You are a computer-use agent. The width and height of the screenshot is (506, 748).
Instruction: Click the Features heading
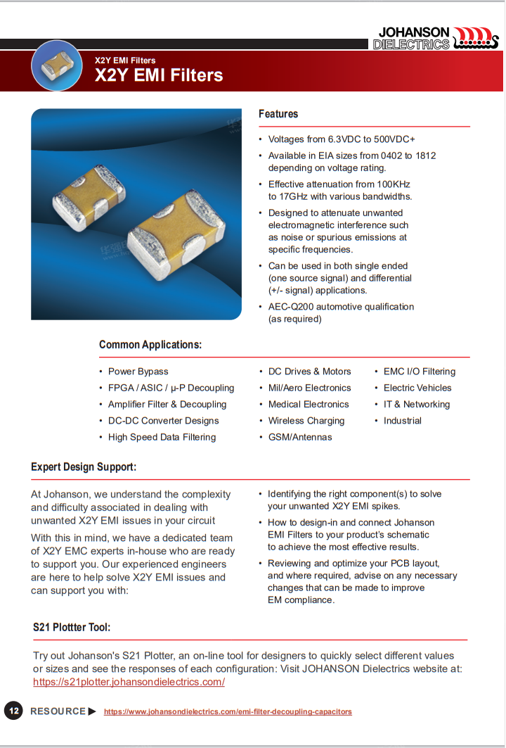coord(278,114)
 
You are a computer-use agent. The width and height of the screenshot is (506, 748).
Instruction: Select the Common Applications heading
coord(150,345)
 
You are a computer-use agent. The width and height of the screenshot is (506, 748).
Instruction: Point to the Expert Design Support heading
coord(84,467)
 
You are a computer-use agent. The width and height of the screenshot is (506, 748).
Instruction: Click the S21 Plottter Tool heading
coord(72,627)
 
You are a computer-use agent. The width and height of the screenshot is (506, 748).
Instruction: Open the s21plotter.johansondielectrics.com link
coord(129,682)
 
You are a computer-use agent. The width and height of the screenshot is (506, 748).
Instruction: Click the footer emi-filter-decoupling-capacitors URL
coord(228,712)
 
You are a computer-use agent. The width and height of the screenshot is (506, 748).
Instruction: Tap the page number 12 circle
coord(13,711)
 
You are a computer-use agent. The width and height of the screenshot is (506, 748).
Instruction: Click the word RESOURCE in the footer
coord(58,711)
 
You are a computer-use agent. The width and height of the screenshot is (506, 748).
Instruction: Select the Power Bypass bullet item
coord(138,372)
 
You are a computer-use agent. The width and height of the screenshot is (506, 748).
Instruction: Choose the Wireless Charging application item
coord(306,421)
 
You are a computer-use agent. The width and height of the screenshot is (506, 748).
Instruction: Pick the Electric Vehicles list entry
coord(417,388)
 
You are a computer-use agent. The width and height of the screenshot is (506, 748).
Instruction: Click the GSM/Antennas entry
coord(300,437)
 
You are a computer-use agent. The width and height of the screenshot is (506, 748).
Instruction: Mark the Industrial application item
coord(403,421)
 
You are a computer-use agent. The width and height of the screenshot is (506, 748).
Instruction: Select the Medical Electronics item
coord(309,405)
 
